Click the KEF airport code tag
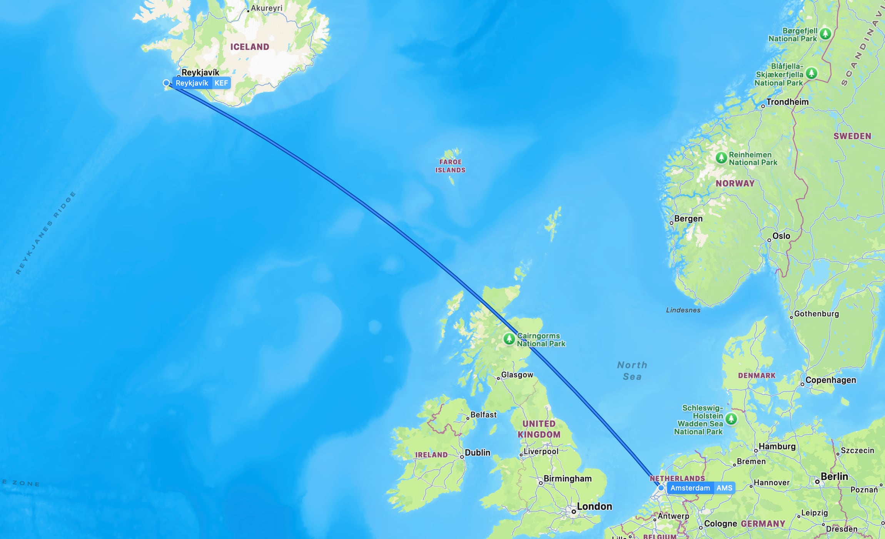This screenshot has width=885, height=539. tap(221, 83)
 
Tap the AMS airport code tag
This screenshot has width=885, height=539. tap(724, 488)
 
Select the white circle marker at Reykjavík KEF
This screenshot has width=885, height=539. tap(166, 83)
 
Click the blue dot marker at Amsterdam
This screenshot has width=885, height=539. tap(661, 488)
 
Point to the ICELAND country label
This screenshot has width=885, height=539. tap(250, 47)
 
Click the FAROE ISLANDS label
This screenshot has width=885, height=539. tap(450, 166)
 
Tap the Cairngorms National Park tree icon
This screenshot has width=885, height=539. tap(509, 339)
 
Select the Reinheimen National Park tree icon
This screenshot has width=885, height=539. tap(721, 157)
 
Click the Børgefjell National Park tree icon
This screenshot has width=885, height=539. tap(825, 33)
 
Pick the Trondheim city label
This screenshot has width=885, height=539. tap(787, 102)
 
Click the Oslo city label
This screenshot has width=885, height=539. tap(781, 236)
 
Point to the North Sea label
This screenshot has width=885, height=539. tap(632, 371)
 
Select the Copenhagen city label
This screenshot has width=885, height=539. tap(830, 380)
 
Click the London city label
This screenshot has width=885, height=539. tap(594, 507)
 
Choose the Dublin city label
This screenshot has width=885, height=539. tap(478, 453)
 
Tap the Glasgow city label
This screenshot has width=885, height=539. tap(517, 375)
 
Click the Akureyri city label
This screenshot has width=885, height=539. tap(266, 8)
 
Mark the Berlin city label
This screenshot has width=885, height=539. tap(834, 477)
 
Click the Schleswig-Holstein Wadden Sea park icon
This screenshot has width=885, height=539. tap(731, 418)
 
